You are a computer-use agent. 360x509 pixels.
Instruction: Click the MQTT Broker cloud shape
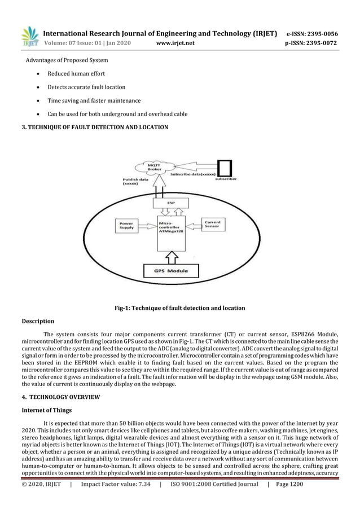pos(153,168)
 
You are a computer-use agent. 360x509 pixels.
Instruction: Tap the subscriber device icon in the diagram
pos(225,167)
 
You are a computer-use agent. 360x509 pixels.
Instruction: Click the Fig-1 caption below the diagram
pos(179,308)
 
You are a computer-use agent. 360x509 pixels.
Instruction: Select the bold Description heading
pos(38,321)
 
